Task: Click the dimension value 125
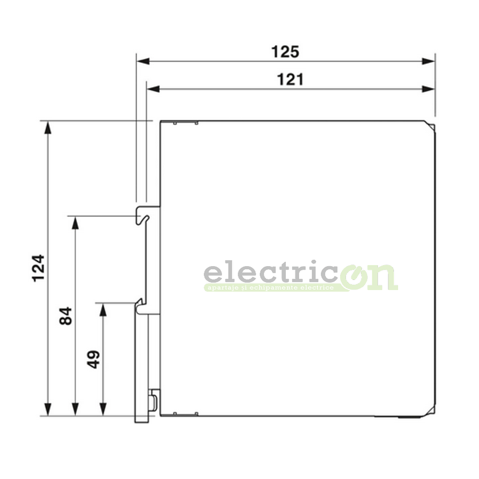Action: [x=285, y=52]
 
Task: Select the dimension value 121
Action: [x=291, y=79]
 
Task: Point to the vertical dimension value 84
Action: [x=65, y=316]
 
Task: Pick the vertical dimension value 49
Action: [x=93, y=359]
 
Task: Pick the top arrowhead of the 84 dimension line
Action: [x=76, y=222]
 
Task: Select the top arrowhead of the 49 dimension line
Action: [x=103, y=309]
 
